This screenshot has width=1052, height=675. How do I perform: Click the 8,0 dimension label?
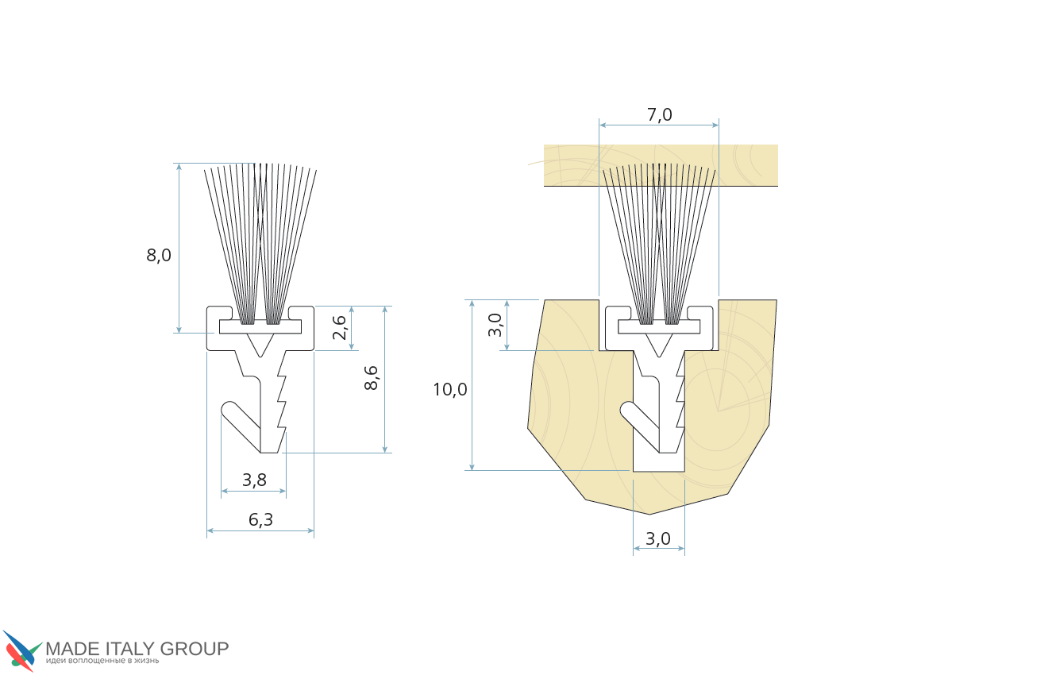pos(159,256)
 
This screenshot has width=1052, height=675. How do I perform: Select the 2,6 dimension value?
pos(340,327)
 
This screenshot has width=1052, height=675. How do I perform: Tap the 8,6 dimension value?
pos(371,378)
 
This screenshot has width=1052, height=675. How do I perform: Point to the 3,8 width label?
pos(254,480)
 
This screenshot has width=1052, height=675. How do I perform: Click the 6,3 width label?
pos(260,519)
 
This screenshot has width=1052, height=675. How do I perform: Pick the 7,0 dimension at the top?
pos(659,114)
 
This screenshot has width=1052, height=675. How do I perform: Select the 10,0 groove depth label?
pos(450,389)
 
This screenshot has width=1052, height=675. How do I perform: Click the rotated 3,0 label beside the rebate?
pos(495,325)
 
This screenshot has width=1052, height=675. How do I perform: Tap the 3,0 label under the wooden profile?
pos(658,538)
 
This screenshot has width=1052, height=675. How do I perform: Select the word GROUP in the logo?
pos(194,649)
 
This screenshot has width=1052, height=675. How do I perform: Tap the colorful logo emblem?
pos(21,651)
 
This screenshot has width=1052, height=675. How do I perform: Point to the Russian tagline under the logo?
pos(102,661)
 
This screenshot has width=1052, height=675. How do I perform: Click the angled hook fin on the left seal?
pos(241,425)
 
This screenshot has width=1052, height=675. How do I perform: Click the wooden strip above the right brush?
pos(661,165)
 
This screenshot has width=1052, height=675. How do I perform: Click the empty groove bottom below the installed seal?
pos(658,462)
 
